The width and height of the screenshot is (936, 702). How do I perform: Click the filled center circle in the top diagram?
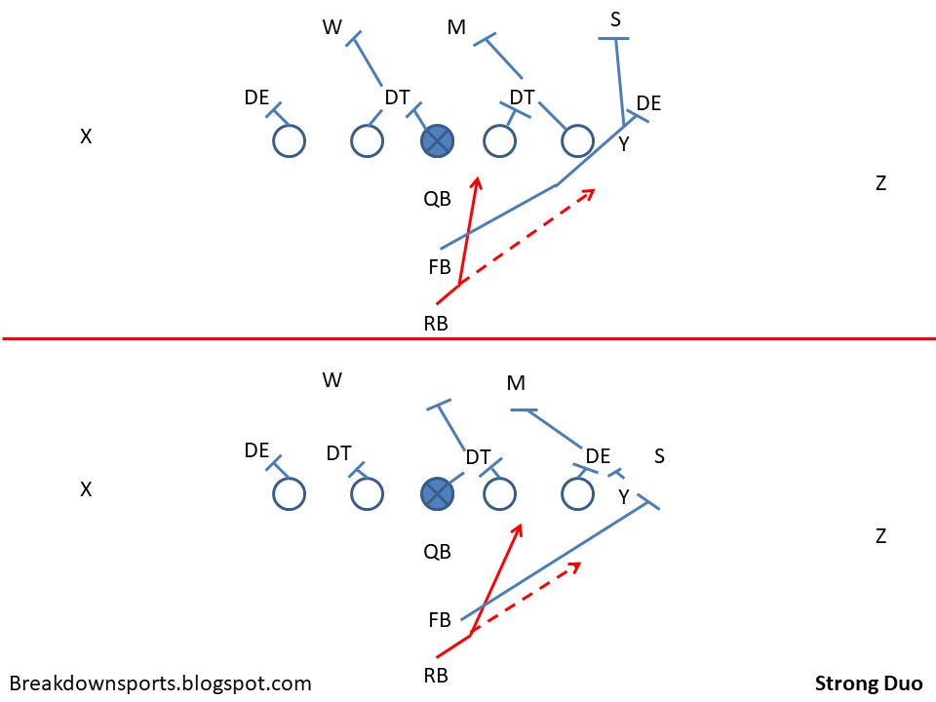(x=438, y=141)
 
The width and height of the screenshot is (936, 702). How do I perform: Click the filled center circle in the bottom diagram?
(x=438, y=494)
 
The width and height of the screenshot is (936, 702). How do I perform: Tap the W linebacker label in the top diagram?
(x=332, y=27)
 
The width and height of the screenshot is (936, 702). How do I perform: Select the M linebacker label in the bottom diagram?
(x=517, y=383)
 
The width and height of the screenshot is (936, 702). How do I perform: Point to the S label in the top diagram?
(x=615, y=19)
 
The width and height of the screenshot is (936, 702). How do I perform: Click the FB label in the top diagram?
(x=439, y=266)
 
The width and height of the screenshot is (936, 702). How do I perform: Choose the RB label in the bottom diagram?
(x=436, y=674)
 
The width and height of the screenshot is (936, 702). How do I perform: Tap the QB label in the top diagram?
(x=437, y=200)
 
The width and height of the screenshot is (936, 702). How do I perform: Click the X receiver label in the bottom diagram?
(x=86, y=490)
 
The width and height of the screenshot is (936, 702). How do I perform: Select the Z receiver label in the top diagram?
(x=880, y=183)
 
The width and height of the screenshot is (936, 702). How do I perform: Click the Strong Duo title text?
(x=869, y=683)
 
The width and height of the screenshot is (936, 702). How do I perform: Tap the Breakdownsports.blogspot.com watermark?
(x=161, y=683)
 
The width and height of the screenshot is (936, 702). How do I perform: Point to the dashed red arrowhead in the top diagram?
(x=590, y=192)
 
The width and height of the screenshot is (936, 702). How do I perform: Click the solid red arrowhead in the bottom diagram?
(x=519, y=529)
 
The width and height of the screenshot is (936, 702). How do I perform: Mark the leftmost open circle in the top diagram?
(x=290, y=141)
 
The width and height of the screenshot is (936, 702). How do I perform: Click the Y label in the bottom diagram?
(x=624, y=497)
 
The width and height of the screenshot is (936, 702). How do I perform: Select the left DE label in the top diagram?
(x=257, y=97)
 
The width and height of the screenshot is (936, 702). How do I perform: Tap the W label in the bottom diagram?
(x=332, y=379)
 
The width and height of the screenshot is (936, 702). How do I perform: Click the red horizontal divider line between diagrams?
(x=468, y=338)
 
